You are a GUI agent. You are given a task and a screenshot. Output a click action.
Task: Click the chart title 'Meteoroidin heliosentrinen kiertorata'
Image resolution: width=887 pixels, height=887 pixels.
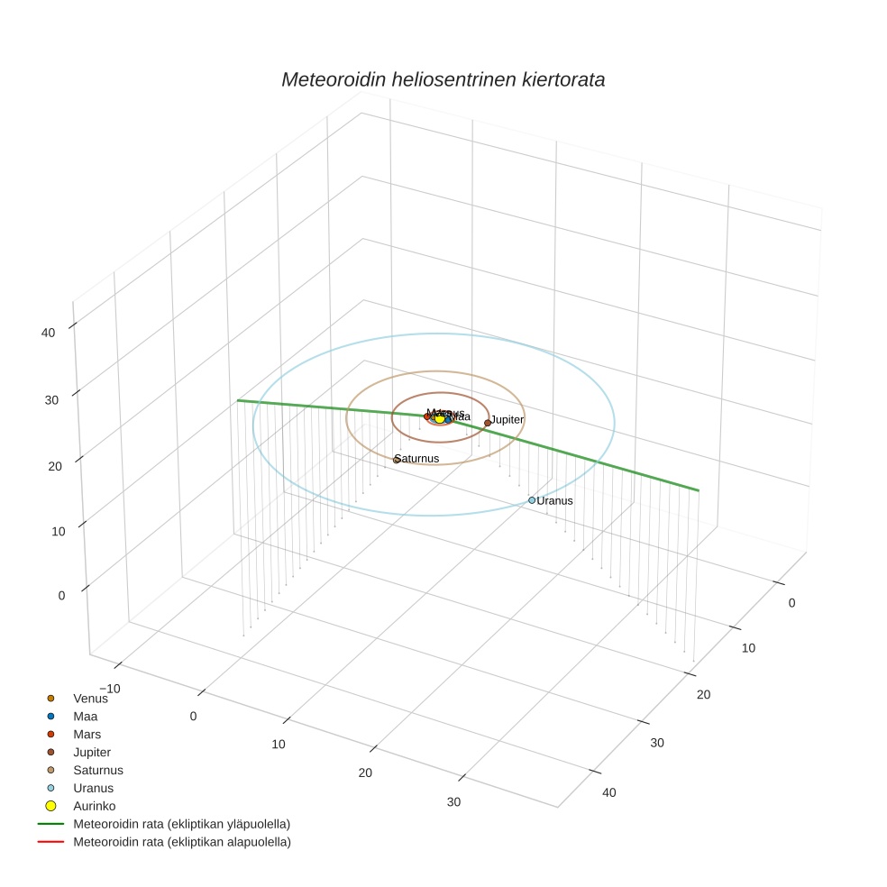(443, 79)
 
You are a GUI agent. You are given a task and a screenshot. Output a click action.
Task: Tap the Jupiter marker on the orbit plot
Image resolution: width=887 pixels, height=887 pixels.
(488, 423)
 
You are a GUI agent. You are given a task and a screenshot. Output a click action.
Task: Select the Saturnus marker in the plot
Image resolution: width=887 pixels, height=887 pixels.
(396, 460)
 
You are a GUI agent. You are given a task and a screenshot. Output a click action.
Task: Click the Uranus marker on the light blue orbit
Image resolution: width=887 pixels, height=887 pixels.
(532, 500)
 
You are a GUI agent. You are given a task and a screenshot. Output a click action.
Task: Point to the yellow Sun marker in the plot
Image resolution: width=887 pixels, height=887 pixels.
(440, 418)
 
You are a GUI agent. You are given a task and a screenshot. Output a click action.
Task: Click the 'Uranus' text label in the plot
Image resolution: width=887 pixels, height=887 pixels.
(555, 500)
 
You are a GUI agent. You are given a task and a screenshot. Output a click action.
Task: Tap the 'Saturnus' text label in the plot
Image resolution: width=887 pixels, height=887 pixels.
(417, 459)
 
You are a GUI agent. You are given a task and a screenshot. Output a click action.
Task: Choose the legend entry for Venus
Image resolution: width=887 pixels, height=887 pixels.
(90, 698)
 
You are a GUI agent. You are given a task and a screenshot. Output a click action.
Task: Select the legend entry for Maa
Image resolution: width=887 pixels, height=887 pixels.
(85, 716)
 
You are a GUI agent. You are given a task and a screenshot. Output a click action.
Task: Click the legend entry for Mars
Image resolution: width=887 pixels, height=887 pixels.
(87, 734)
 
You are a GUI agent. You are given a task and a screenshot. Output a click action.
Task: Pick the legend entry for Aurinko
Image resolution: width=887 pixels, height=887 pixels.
(94, 806)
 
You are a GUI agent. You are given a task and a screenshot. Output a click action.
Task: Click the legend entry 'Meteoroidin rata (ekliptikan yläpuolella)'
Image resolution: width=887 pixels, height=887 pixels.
(181, 824)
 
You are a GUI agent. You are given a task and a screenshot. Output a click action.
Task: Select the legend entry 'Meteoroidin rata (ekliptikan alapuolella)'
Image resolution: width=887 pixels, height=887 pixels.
(181, 842)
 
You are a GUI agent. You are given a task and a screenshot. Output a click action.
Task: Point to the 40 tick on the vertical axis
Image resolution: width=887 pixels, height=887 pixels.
(48, 332)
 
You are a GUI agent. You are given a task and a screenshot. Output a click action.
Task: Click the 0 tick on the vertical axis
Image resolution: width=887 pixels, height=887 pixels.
(62, 595)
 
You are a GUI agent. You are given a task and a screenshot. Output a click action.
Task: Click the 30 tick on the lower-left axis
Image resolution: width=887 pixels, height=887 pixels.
(453, 802)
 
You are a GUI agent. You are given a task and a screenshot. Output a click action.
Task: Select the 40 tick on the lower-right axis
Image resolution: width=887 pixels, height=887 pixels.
(609, 792)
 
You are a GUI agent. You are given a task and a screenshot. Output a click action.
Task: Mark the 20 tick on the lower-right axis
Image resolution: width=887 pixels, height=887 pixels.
(704, 694)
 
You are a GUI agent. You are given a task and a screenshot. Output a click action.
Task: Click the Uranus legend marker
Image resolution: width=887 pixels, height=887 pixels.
(50, 788)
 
